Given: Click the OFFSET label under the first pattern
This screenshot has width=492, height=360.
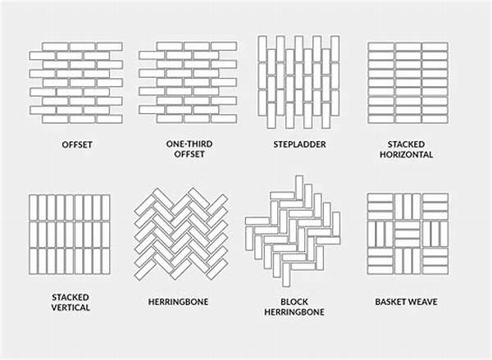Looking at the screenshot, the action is click(77, 144).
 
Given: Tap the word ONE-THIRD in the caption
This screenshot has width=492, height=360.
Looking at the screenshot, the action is click(189, 144).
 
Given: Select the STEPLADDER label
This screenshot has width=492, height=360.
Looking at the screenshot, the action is click(299, 144).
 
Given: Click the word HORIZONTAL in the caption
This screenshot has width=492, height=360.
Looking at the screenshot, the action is click(407, 154).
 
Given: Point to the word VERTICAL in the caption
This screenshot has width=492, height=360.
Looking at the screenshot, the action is click(71, 308).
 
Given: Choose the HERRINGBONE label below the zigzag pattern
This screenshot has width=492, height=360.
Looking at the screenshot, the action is click(178, 302).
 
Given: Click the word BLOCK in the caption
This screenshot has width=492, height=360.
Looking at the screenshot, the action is click(294, 302).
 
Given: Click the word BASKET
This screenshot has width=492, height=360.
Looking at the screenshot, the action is click(389, 302).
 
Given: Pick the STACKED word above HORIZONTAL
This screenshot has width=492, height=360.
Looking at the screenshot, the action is click(407, 144).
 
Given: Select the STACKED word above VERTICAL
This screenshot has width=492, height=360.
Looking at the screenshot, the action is click(71, 297).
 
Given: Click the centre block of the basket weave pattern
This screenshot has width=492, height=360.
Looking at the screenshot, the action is click(408, 234).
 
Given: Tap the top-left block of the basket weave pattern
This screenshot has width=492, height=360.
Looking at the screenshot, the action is click(380, 207).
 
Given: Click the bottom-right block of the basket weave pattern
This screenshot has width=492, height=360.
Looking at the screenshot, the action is click(435, 261).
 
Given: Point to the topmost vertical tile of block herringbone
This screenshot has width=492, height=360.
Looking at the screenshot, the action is click(299, 187).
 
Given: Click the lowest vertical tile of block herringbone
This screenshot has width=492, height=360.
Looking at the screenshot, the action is click(286, 275).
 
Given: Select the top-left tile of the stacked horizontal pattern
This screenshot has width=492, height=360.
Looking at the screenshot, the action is click(381, 47).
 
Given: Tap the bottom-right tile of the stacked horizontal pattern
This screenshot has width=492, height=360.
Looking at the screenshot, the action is click(435, 119).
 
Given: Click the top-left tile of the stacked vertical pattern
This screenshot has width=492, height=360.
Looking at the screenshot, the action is click(34, 207).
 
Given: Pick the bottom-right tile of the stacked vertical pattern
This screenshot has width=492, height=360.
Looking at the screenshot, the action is click(106, 262).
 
